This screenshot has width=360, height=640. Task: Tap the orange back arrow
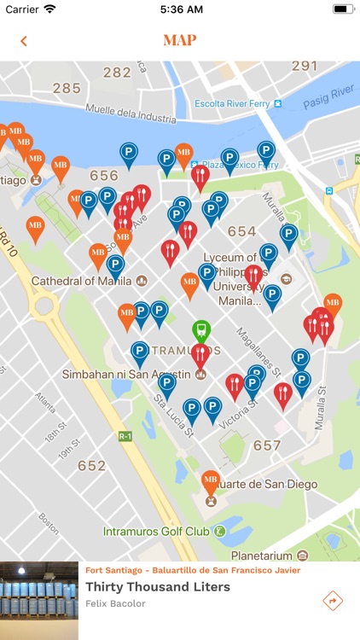(x=24, y=41)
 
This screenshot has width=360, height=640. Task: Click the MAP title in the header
(x=180, y=40)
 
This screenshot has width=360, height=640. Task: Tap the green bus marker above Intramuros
(x=200, y=329)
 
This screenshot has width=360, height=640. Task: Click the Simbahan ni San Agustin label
(x=126, y=374)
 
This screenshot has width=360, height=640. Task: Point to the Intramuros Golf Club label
(x=156, y=531)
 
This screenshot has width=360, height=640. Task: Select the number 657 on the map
(x=267, y=445)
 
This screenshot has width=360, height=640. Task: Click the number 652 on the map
(x=91, y=466)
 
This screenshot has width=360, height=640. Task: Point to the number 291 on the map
(x=305, y=66)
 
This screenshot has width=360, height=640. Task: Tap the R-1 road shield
(x=125, y=436)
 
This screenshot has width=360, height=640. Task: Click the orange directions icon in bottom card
(x=333, y=601)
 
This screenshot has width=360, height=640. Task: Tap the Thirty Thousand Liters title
(x=158, y=587)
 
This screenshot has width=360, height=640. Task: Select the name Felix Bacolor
(x=115, y=604)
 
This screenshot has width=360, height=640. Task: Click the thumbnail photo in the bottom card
(x=39, y=601)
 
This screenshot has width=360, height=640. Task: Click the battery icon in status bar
(x=343, y=9)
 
